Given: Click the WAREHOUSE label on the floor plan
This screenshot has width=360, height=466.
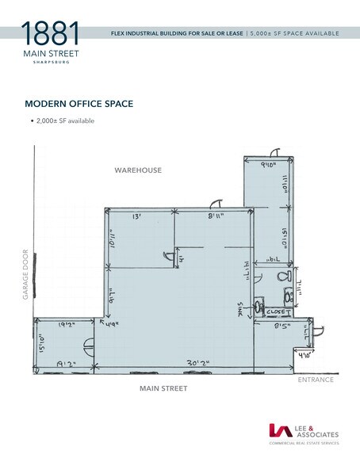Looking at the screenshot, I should tap(138, 170).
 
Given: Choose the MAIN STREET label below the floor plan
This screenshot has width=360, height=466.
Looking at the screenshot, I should tap(163, 388).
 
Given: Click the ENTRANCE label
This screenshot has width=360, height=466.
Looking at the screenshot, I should tap(315, 380).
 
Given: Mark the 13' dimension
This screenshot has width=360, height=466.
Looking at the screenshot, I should tap(136, 216).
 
